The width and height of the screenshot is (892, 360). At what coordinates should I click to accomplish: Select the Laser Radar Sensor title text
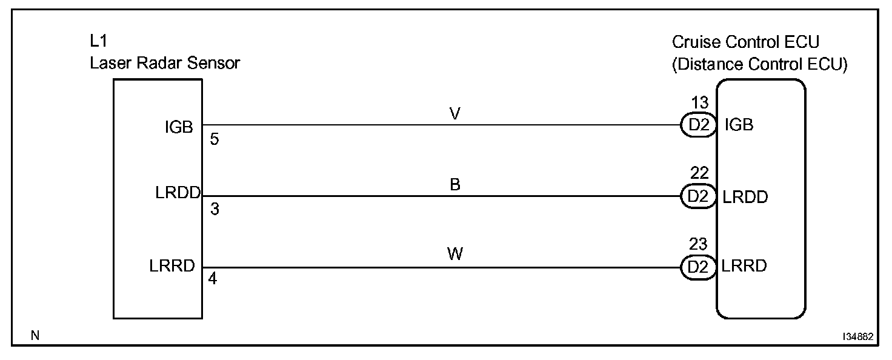165,63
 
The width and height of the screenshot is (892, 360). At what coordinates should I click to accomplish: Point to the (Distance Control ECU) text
759,65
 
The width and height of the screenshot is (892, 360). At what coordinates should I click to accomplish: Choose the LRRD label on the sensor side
173,267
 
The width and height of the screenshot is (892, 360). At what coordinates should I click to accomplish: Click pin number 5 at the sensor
215,140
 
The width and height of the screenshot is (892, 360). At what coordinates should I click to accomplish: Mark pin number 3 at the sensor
215,210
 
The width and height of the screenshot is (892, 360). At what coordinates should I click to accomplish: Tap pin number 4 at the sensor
213,281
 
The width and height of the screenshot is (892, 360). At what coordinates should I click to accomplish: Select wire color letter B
455,185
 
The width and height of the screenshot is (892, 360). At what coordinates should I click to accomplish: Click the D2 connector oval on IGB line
699,125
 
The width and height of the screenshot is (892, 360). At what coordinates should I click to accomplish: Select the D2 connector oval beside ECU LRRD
699,267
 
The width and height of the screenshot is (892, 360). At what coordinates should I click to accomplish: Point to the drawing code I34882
856,337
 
